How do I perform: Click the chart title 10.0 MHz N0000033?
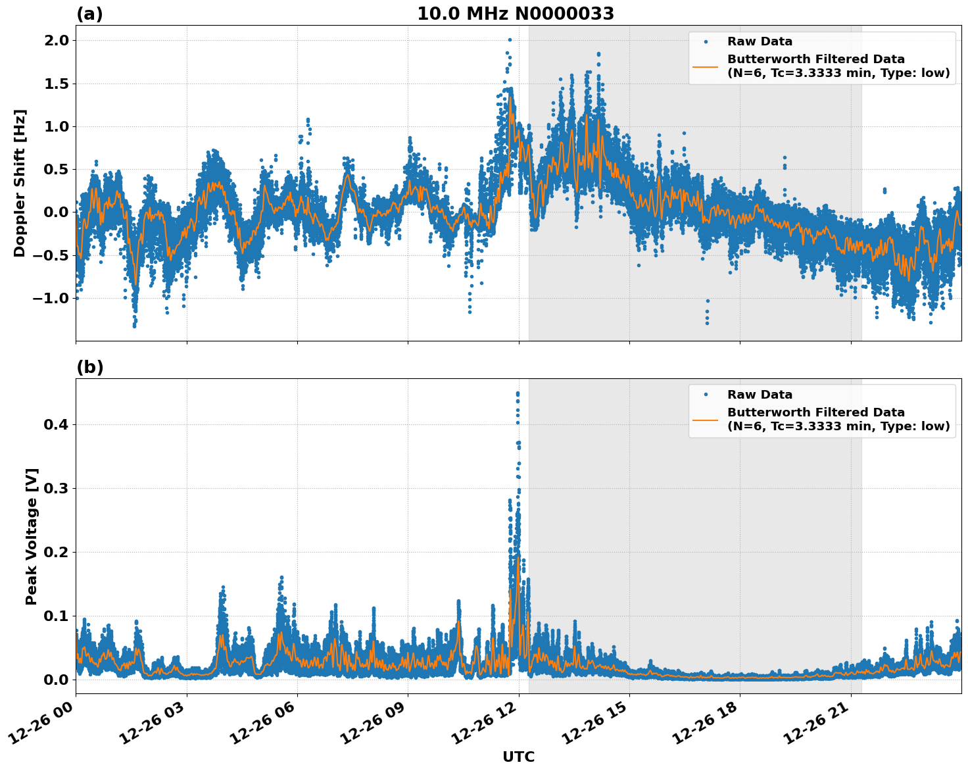coord(516,14)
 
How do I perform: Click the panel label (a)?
coord(89,14)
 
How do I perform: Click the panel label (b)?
coord(89,367)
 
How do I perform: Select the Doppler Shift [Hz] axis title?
coord(20,183)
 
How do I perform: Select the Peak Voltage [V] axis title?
coord(32,536)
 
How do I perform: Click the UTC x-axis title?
coord(518,757)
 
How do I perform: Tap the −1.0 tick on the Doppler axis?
coord(51,298)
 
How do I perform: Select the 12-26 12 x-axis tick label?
coord(489,726)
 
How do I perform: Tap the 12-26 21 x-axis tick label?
coord(821,726)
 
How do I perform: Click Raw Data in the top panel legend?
coord(760,41)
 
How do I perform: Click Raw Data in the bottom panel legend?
coord(760,395)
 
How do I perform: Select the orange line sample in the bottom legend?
coord(706,420)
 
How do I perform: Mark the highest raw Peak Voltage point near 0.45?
coord(518,393)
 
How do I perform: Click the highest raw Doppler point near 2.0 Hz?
coord(510,40)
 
